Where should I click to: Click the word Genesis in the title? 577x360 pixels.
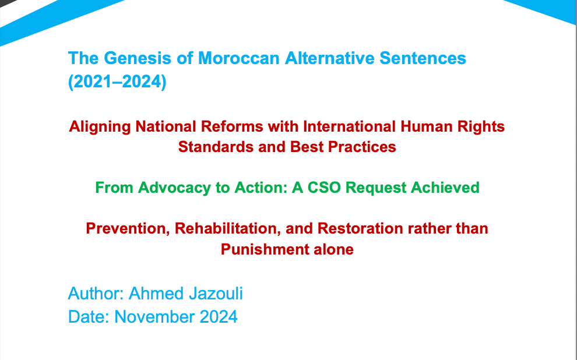138,58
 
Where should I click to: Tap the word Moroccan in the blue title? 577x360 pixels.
239,58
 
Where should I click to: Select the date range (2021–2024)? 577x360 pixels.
117,82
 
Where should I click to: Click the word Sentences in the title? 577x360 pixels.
423,58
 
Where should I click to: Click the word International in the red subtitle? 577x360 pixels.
349,126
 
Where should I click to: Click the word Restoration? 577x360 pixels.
360,228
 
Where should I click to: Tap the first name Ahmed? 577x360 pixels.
156,294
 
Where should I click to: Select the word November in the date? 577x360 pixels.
154,317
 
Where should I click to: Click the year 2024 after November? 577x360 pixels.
218,317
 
